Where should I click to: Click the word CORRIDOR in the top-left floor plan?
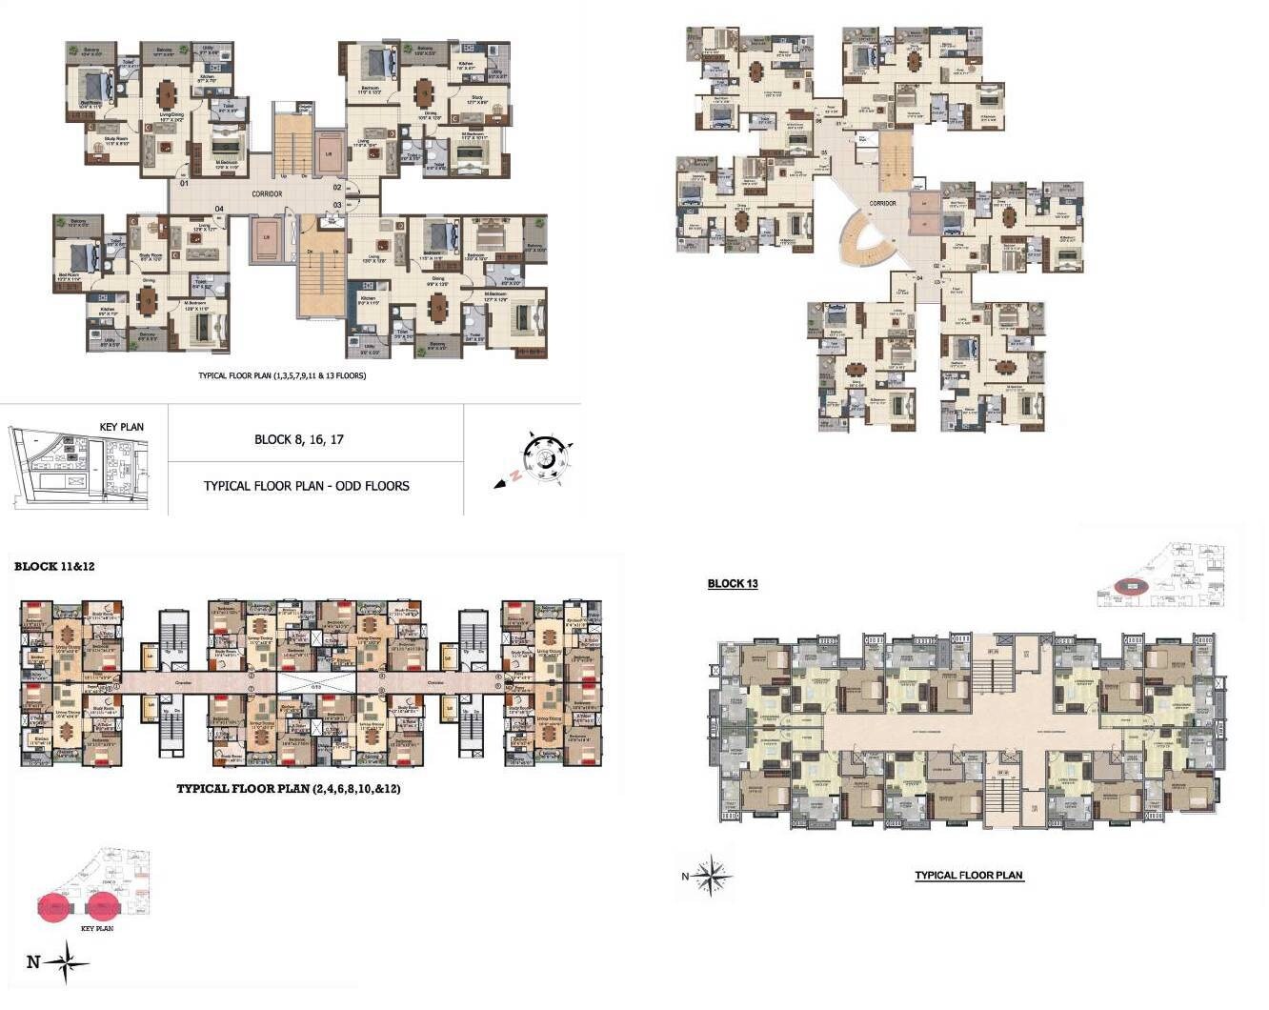tap(267, 194)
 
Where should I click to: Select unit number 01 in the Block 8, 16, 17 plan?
tap(183, 184)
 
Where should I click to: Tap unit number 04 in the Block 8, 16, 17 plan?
tap(218, 209)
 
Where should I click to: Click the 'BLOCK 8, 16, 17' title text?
tap(299, 439)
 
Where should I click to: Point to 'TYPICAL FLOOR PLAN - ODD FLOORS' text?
tap(306, 486)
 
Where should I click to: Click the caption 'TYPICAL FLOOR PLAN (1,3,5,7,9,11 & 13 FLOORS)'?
tap(282, 376)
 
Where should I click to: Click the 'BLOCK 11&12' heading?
tap(54, 567)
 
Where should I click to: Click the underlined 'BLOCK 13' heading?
tap(733, 584)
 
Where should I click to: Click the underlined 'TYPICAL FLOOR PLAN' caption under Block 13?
tap(969, 876)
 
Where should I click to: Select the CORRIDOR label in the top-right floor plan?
tap(882, 203)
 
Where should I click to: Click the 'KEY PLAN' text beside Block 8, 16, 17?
tap(122, 427)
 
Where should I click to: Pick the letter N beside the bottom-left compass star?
tap(32, 962)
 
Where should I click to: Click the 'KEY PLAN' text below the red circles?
tap(97, 928)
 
